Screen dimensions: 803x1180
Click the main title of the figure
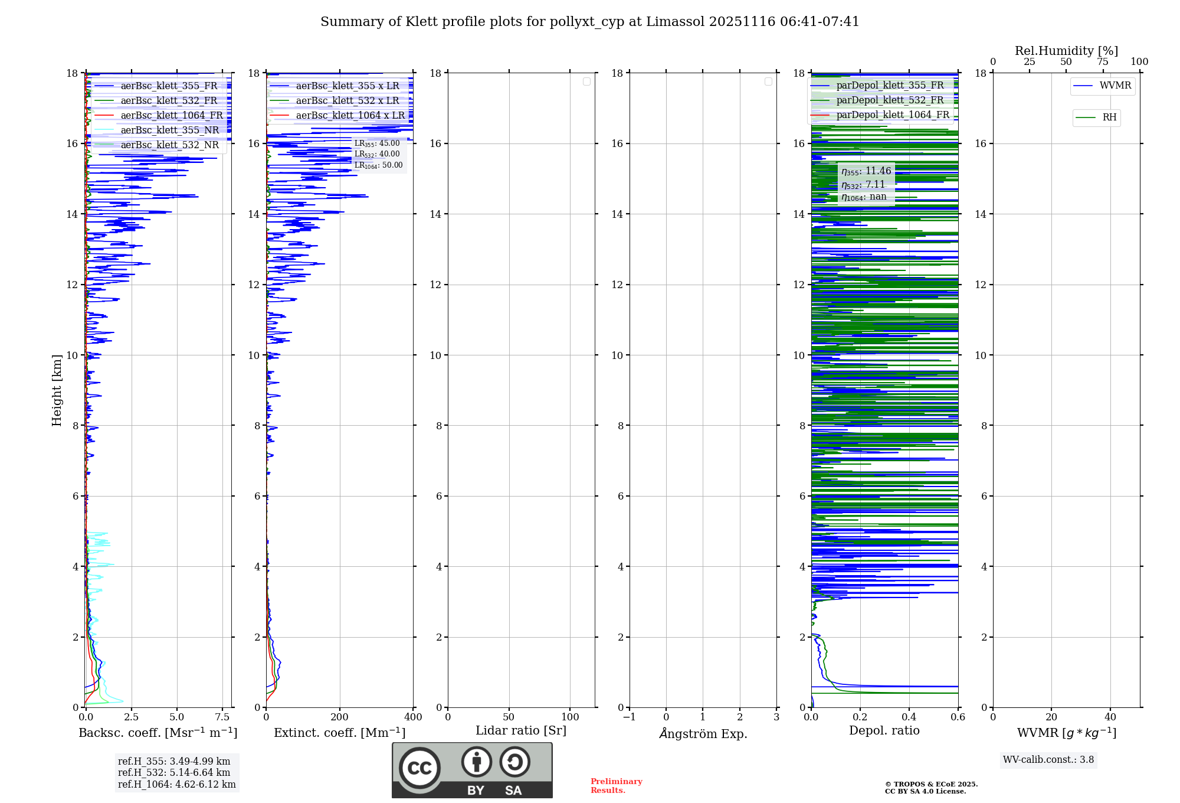point(590,22)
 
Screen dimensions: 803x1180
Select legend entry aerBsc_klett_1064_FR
point(172,115)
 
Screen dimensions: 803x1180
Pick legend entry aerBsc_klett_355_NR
point(169,130)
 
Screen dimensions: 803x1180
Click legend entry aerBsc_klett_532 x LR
point(348,100)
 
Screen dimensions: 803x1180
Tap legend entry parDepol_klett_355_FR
point(890,85)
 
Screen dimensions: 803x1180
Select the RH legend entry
point(1109,117)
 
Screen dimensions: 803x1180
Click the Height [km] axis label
point(57,390)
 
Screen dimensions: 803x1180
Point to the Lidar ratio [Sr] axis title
point(521,730)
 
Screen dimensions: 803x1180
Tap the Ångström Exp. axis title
point(703,733)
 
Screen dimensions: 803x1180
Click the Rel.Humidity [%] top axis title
point(1066,51)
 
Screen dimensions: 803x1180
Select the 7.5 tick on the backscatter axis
point(222,717)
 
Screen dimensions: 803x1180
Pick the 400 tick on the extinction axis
point(413,717)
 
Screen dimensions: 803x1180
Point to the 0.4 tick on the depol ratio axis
point(909,717)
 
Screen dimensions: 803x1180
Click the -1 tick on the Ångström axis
point(630,717)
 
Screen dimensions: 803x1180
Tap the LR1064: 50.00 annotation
point(378,165)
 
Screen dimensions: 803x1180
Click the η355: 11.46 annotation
point(866,171)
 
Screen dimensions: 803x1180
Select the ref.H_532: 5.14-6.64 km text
point(174,772)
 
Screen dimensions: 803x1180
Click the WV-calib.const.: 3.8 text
point(1048,760)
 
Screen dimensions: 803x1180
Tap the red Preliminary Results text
point(616,786)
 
